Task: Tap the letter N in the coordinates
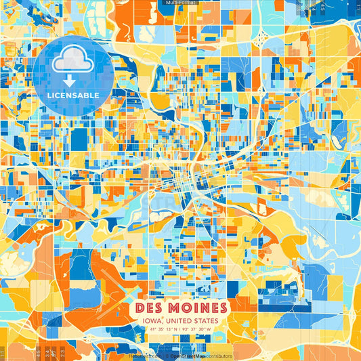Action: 174,330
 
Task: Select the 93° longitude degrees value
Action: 185,330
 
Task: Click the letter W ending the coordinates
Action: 209,330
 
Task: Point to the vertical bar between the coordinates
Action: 179,330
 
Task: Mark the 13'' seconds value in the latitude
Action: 167,330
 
